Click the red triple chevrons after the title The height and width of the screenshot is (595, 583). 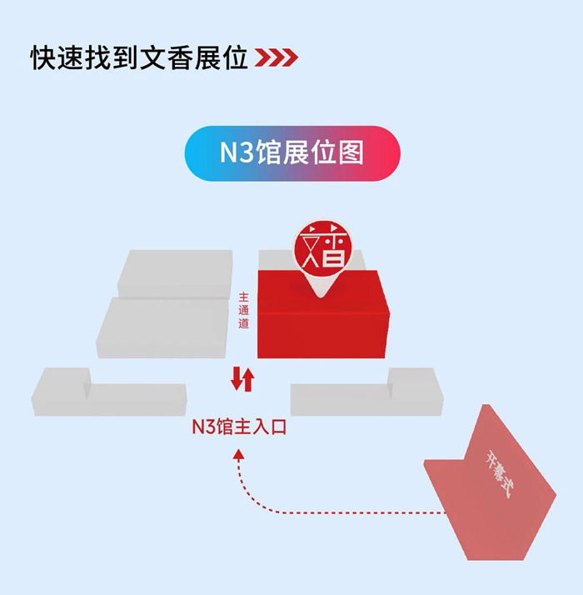click(x=276, y=57)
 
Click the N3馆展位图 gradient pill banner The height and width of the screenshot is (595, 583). click(x=291, y=153)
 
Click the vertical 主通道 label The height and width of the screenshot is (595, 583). click(x=243, y=310)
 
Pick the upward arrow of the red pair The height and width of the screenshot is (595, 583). click(x=247, y=379)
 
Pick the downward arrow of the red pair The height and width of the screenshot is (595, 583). click(x=237, y=379)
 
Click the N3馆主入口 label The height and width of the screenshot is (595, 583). click(x=239, y=427)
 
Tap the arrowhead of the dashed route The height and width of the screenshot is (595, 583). click(x=239, y=453)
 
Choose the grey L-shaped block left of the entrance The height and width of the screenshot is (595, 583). click(x=108, y=396)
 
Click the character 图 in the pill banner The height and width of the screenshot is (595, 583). click(x=350, y=153)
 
